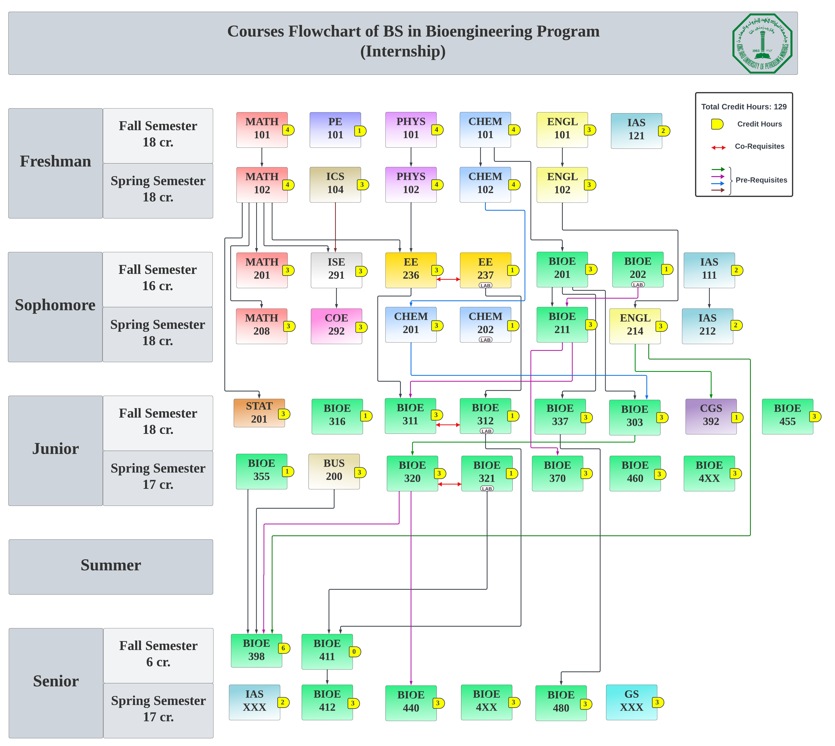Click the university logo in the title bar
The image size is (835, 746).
click(762, 43)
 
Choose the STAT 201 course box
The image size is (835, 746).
click(259, 413)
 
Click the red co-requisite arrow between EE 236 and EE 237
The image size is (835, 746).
click(448, 279)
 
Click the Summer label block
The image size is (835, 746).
click(111, 566)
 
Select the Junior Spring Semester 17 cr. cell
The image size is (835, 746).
click(158, 477)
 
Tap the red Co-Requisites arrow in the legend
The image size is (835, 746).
click(718, 147)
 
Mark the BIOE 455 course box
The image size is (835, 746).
click(787, 416)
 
